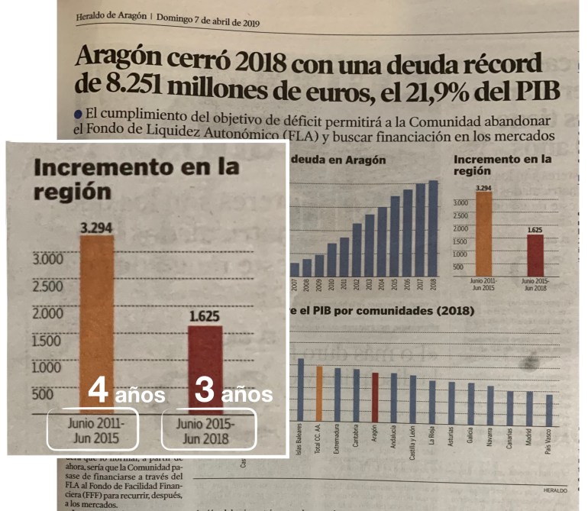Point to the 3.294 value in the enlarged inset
pyautogui.click(x=96, y=226)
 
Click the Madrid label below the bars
pyautogui.click(x=529, y=442)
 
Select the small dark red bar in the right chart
pyautogui.click(x=535, y=255)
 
